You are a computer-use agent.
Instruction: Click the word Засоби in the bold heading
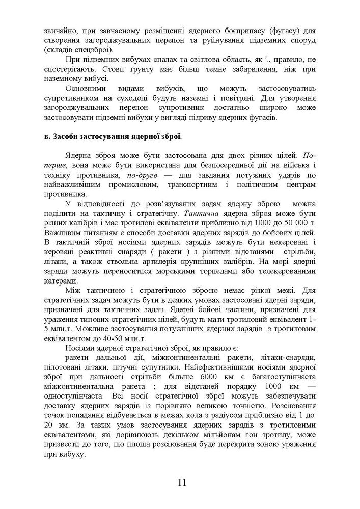point(69,137)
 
